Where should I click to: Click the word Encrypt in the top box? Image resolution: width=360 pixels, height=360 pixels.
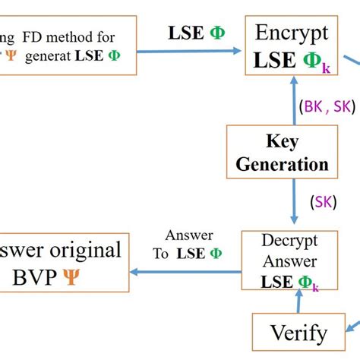pyautogui.click(x=292, y=33)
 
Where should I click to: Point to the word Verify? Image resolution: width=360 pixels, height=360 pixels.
pyautogui.click(x=299, y=332)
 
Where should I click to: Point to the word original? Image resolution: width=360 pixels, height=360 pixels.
pyautogui.click(x=84, y=251)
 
